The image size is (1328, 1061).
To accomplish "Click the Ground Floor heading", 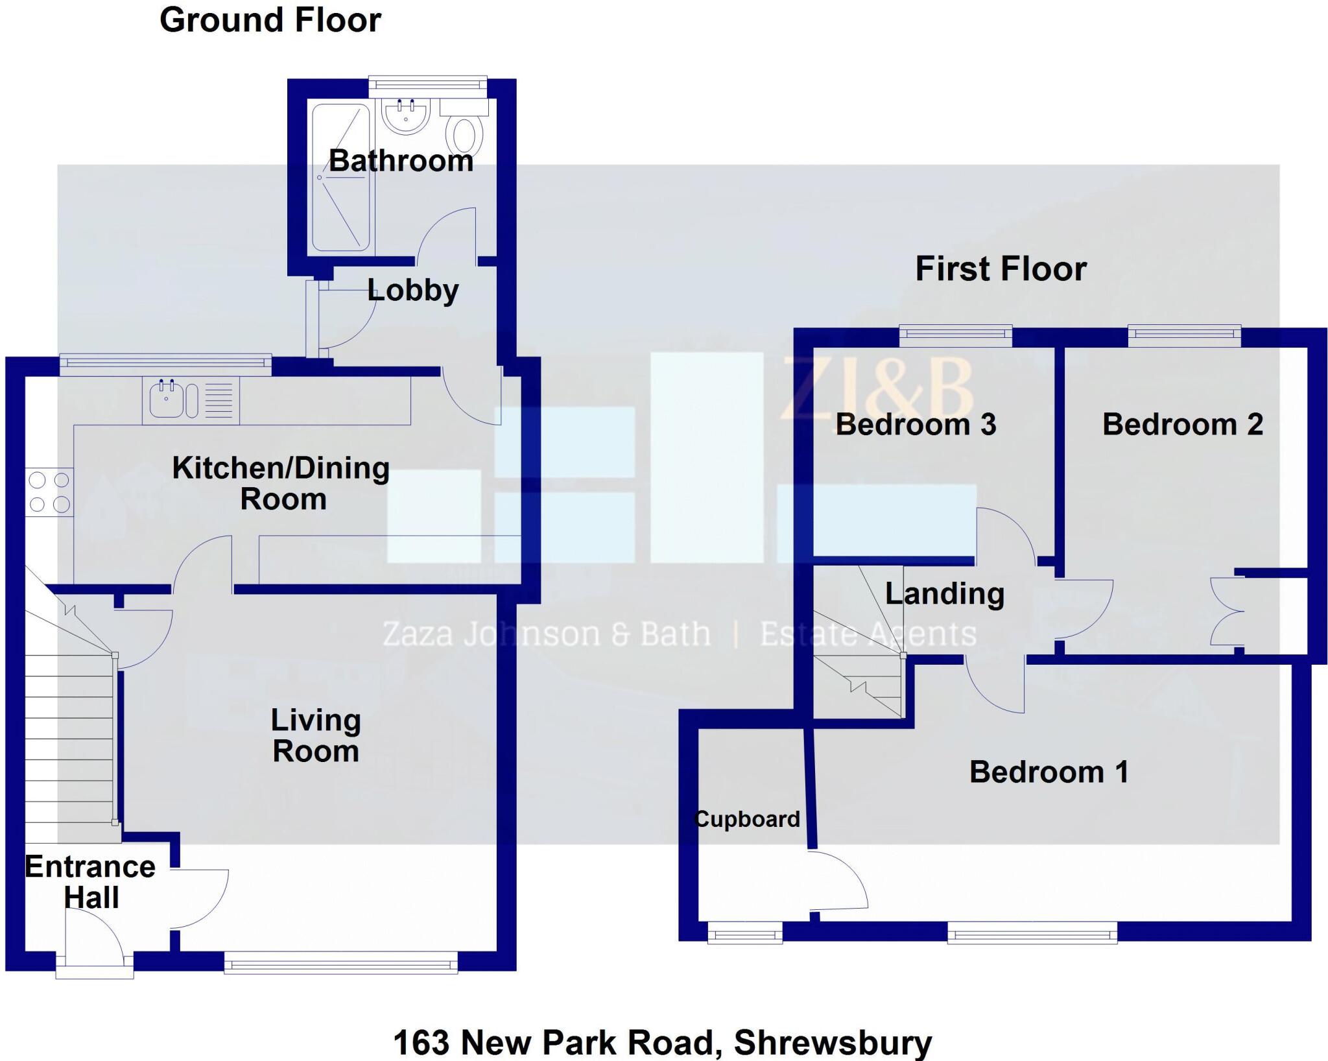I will click(270, 21).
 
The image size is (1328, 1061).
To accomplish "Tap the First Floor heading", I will click(1001, 269).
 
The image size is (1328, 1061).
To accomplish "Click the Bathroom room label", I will click(401, 161).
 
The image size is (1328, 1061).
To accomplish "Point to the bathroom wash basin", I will click(406, 115).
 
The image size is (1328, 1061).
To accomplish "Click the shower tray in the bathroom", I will click(341, 177).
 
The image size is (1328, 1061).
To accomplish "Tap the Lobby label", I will click(413, 291).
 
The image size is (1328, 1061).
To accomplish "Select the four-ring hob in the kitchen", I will click(50, 492).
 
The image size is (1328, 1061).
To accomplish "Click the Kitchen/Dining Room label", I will click(281, 484).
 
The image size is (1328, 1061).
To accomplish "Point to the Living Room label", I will click(316, 735).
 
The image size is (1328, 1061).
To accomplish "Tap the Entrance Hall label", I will click(90, 882).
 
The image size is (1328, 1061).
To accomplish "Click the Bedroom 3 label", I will click(916, 425).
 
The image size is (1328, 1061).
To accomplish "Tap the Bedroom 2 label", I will click(1183, 425).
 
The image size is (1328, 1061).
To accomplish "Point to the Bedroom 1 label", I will click(1049, 772).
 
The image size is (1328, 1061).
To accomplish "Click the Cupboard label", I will click(747, 819).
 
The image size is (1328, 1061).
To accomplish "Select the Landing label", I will click(945, 594).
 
